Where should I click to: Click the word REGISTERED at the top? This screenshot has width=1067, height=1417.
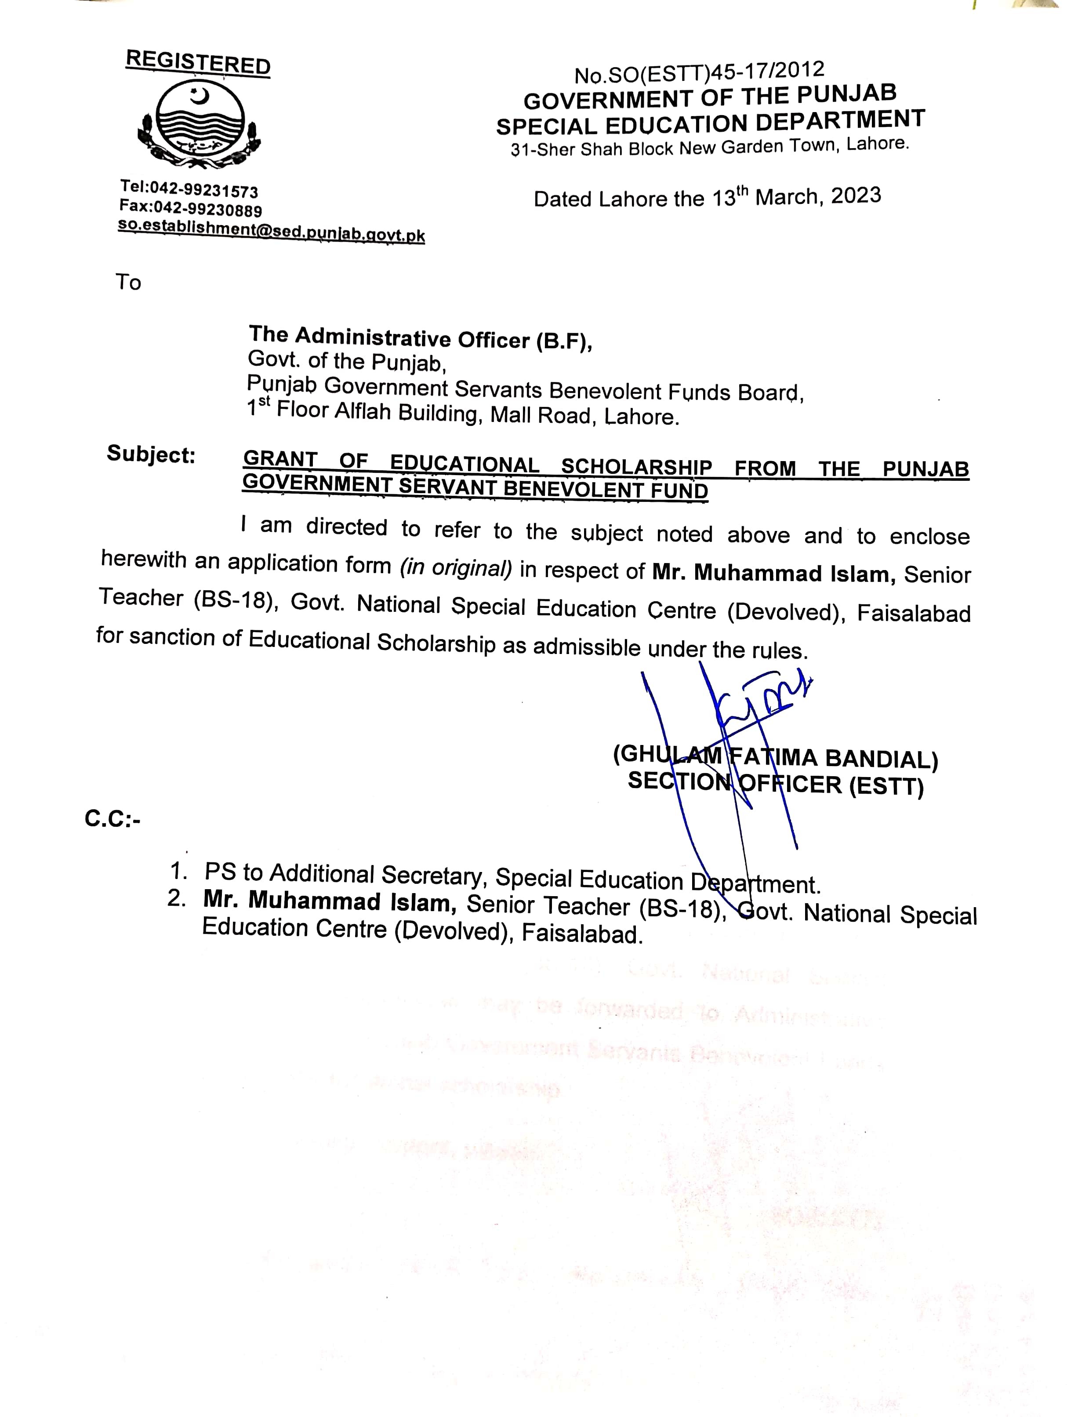click(198, 63)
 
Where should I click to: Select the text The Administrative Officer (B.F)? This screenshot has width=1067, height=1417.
click(420, 338)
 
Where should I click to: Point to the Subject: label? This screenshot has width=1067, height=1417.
click(150, 454)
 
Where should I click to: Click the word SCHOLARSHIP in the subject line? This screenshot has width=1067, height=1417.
click(636, 466)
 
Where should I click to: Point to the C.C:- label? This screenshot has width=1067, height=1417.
click(112, 819)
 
